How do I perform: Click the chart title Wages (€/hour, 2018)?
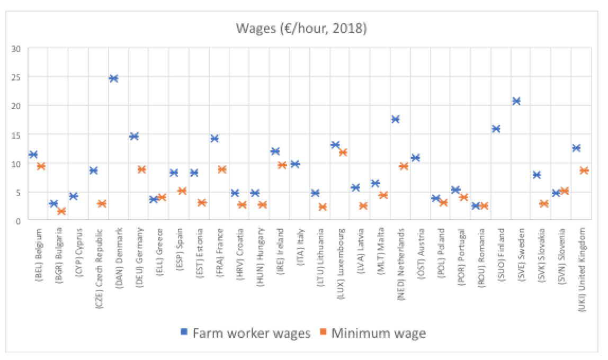(x=301, y=28)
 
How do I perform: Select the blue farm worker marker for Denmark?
(x=113, y=78)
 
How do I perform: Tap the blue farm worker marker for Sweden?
(x=516, y=101)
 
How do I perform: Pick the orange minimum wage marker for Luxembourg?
(x=343, y=152)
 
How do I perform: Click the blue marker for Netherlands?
(x=395, y=119)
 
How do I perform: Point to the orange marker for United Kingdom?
(x=584, y=170)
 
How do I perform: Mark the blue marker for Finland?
(x=496, y=129)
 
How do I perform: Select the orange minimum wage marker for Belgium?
(x=41, y=166)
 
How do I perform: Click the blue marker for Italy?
(x=295, y=164)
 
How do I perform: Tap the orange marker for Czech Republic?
(x=102, y=204)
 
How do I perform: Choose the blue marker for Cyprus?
(x=74, y=196)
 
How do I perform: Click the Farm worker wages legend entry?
(x=247, y=333)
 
